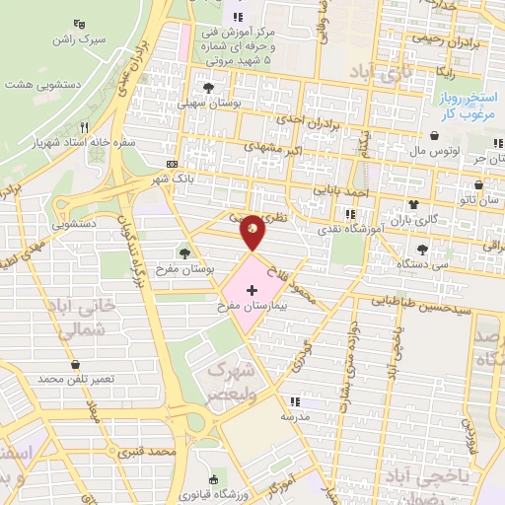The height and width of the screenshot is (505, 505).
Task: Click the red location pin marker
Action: click(253, 233)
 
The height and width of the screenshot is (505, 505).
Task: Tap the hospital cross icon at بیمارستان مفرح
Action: click(252, 291)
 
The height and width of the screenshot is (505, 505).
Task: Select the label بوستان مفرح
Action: click(186, 268)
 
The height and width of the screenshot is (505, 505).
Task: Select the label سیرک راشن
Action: click(81, 39)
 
